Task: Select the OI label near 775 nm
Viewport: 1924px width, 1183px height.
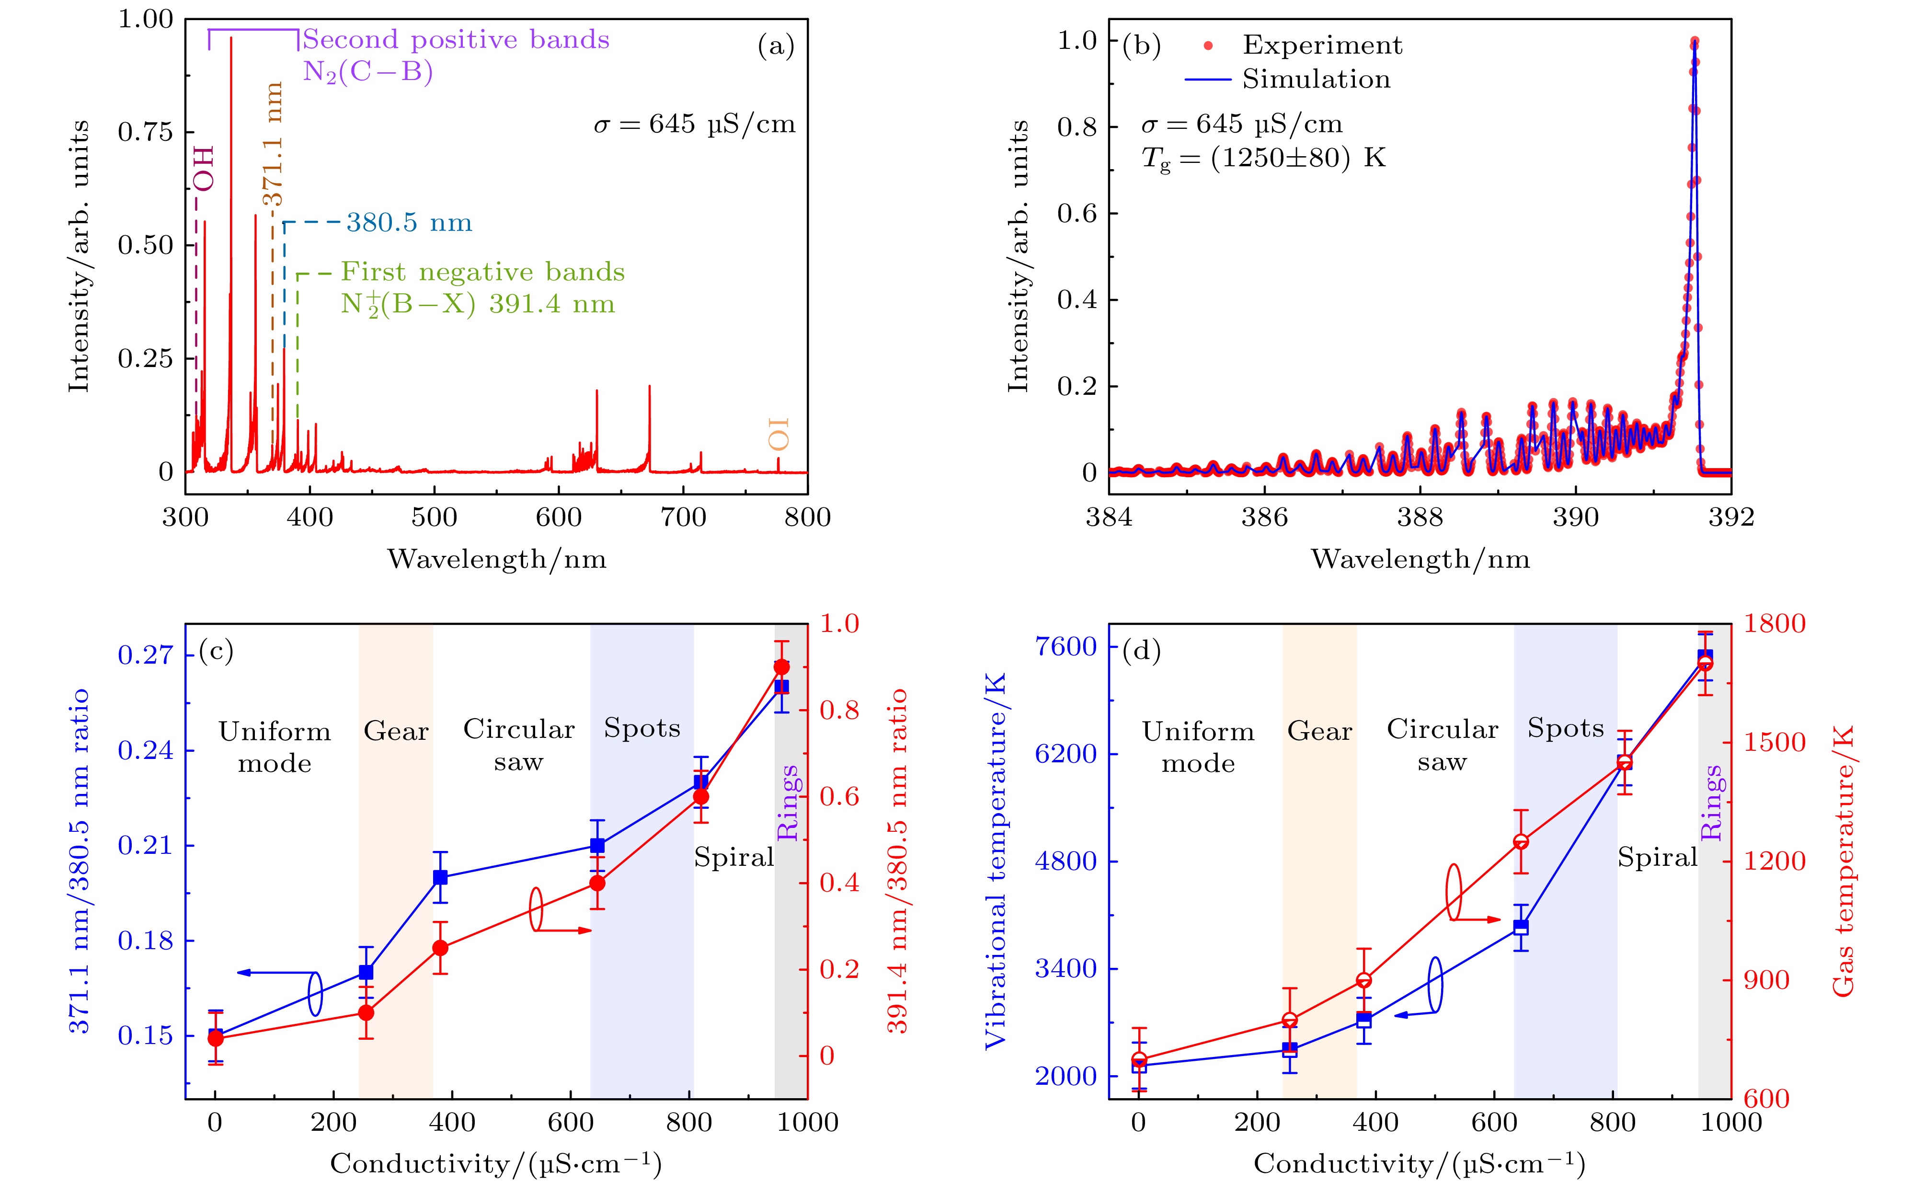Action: (x=778, y=434)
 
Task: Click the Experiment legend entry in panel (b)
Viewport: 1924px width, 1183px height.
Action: (x=1322, y=46)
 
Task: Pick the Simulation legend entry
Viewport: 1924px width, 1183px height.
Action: (x=1316, y=79)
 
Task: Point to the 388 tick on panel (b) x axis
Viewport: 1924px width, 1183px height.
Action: (x=1420, y=517)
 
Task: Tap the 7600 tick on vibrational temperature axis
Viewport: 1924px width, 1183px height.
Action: (x=1067, y=647)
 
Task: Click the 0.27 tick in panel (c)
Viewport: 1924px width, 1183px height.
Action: (x=145, y=655)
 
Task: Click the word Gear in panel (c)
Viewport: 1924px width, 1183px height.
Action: (x=396, y=732)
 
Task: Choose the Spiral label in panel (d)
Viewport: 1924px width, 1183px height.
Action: (x=1657, y=858)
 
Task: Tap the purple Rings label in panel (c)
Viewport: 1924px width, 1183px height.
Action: (x=788, y=802)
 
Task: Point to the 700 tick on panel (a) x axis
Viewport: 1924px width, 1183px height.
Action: (x=684, y=517)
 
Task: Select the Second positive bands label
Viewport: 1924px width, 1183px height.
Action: (x=456, y=39)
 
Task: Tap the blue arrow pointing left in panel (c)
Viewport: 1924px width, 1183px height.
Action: (x=274, y=973)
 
